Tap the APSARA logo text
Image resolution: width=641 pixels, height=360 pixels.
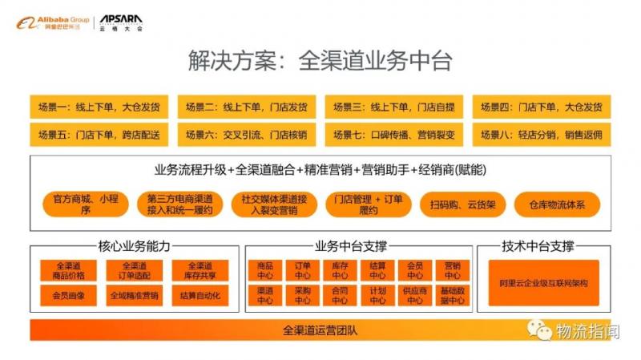pos(120,18)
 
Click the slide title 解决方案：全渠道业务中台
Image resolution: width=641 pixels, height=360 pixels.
pos(320,60)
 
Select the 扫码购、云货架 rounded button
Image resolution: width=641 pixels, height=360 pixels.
pos(462,204)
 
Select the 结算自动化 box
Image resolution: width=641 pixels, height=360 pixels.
pos(200,296)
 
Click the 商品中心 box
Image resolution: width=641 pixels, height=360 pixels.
pos(265,270)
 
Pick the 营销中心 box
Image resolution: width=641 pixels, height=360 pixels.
pos(451,270)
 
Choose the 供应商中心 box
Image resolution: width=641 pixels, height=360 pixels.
pos(414,296)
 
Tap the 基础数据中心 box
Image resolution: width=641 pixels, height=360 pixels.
pos(451,296)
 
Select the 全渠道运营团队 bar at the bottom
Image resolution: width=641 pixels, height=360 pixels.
pos(320,330)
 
